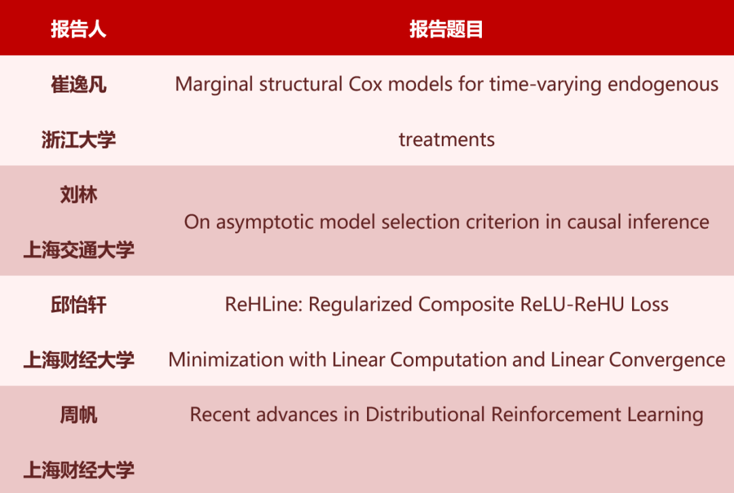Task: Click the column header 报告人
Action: coord(78,29)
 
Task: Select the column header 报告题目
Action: coord(446,29)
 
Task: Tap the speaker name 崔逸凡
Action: coord(78,85)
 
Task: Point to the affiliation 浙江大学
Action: coord(78,139)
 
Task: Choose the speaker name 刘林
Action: coord(78,194)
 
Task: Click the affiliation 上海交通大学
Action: coord(78,250)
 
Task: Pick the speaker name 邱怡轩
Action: coord(78,305)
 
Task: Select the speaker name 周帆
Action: coord(78,415)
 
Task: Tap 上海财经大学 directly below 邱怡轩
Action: coord(78,360)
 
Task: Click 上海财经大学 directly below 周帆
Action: coord(78,470)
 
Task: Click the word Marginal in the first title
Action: coord(214,85)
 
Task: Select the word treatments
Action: coord(447,139)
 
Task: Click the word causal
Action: coord(594,222)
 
